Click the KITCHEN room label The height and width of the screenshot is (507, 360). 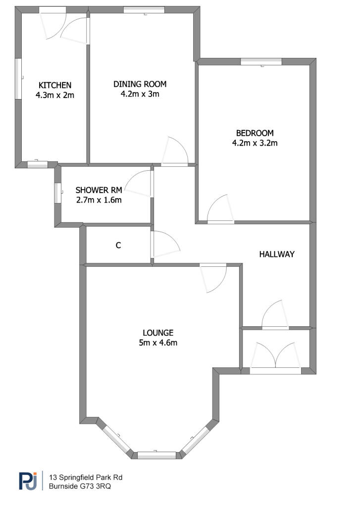coord(54,85)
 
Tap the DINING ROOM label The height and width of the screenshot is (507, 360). coord(140,84)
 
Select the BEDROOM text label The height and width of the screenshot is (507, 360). coord(255,133)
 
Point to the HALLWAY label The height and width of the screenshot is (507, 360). coord(277,254)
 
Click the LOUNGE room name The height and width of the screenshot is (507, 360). coord(158,333)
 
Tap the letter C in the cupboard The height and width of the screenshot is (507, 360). coord(118,246)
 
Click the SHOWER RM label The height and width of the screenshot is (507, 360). coord(99,190)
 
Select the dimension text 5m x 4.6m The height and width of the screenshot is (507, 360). coord(158,343)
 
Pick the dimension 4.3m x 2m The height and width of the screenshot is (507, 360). coord(54,95)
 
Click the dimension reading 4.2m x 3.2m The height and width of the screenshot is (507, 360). coord(255,143)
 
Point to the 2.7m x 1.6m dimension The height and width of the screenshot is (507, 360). coord(99,200)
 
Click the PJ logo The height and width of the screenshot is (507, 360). coord(28,481)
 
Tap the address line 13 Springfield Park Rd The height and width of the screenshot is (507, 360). coord(85,477)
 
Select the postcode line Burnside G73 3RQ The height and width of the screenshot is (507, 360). coord(80,486)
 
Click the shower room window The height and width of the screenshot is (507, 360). coord(57,193)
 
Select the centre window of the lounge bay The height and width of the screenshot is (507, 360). coord(156,456)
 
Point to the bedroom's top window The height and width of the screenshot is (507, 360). coord(261,62)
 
